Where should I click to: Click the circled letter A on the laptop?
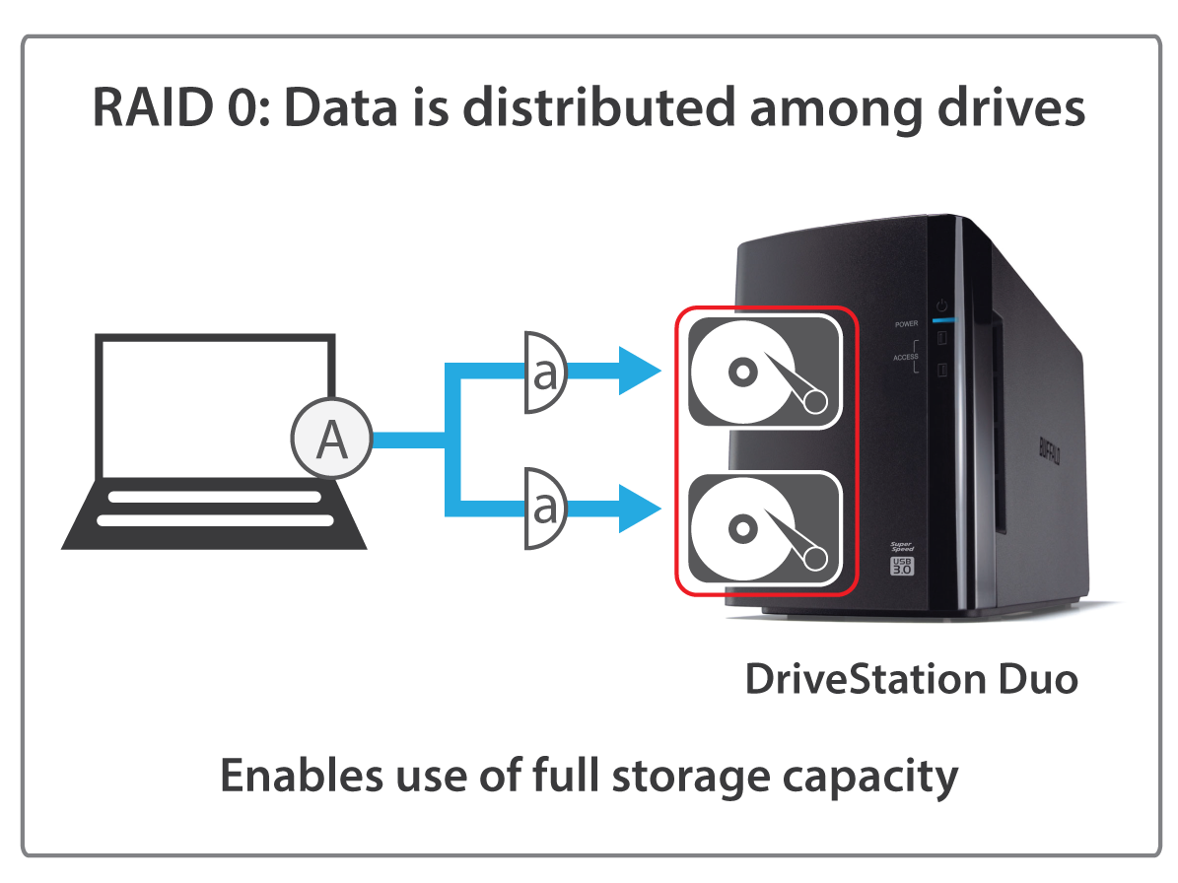(331, 441)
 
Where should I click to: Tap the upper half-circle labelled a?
(543, 373)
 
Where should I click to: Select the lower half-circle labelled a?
(543, 509)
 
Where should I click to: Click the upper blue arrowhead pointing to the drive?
(638, 372)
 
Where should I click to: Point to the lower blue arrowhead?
(638, 509)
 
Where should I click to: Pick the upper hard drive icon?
(764, 371)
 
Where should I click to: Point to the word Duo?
(1034, 680)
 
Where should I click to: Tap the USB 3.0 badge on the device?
(903, 566)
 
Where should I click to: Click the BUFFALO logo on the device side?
(1048, 452)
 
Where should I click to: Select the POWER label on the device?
(906, 323)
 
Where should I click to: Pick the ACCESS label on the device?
(905, 357)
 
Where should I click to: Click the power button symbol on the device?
(941, 306)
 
